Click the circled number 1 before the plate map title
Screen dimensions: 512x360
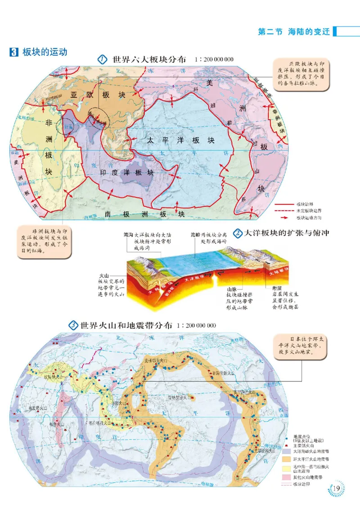click(102, 60)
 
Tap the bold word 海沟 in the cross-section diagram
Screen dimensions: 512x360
click(128, 234)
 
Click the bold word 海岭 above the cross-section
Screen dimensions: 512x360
click(195, 234)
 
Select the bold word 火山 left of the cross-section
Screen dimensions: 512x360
click(104, 275)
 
